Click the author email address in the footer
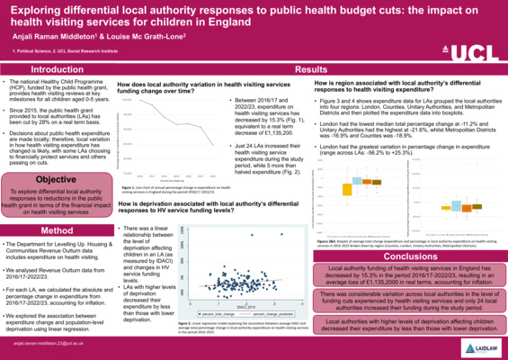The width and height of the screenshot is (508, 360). (x=46, y=343)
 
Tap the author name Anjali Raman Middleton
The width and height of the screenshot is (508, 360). (x=55, y=36)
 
